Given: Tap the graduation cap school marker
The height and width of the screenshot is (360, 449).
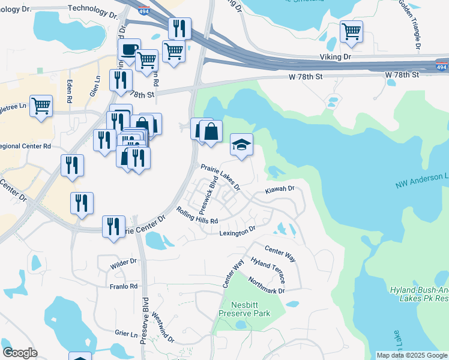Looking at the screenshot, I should click(x=241, y=145).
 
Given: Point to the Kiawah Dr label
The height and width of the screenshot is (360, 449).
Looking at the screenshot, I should click(x=280, y=189).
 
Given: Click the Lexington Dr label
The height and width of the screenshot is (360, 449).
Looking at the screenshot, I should click(x=237, y=232).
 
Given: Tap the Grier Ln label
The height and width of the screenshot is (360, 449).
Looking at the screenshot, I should click(x=126, y=332).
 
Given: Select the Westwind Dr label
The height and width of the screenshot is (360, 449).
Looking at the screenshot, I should click(x=163, y=327).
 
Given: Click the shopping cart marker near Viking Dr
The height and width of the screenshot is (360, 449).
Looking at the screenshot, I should click(x=351, y=31).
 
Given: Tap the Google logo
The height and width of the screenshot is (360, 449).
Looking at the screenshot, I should click(x=20, y=353).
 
